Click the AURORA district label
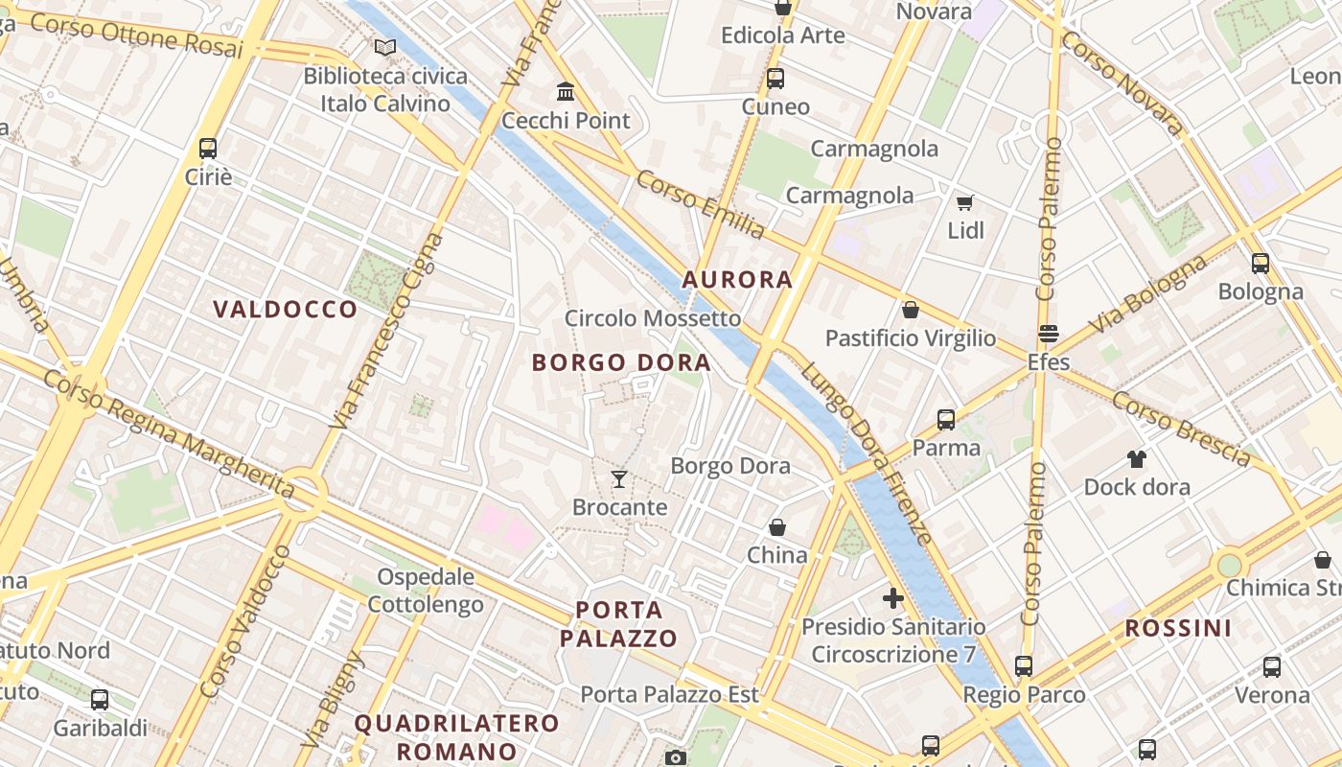737,280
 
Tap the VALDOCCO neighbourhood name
285,309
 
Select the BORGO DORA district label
621,362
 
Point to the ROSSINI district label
1178,629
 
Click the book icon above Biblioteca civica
385,48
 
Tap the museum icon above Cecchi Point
566,92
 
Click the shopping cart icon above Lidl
965,202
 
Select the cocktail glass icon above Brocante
619,478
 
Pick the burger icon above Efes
1048,334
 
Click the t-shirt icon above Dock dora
1137,458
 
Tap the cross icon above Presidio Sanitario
893,599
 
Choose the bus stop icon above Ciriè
208,149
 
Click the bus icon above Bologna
1261,263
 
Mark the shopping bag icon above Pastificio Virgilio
910,310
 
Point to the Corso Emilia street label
701,205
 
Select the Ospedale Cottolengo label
426,591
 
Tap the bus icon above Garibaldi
100,700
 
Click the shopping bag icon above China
777,527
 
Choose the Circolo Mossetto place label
653,318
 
